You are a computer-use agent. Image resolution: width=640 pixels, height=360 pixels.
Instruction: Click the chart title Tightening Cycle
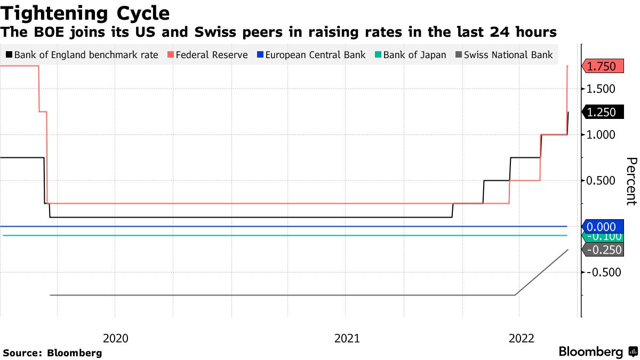click(x=85, y=13)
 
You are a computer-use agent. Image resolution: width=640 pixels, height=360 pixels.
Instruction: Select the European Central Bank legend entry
click(x=315, y=55)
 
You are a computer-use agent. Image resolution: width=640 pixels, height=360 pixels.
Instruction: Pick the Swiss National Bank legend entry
click(x=509, y=55)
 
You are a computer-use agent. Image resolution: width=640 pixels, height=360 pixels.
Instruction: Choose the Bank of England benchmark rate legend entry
click(x=85, y=55)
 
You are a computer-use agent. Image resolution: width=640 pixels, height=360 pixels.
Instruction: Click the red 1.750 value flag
click(x=601, y=66)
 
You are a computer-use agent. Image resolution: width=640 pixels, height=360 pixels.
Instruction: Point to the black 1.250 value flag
click(x=601, y=112)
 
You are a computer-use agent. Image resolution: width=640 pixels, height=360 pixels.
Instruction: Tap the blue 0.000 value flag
click(x=601, y=226)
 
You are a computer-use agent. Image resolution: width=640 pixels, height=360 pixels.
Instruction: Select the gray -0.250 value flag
click(x=601, y=250)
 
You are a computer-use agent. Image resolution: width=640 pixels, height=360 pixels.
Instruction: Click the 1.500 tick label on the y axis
click(x=601, y=89)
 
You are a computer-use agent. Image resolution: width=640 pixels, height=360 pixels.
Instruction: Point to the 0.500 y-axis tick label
click(x=601, y=181)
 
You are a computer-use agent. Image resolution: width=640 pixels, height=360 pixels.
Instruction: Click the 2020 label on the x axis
click(x=115, y=338)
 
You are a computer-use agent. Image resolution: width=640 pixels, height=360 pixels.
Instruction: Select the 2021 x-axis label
click(x=347, y=338)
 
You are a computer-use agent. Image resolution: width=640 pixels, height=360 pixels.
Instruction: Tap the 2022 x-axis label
click(x=522, y=338)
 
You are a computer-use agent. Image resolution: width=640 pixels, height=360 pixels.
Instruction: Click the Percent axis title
click(x=631, y=181)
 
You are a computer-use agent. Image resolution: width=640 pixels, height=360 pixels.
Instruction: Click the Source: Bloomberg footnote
click(x=52, y=353)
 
